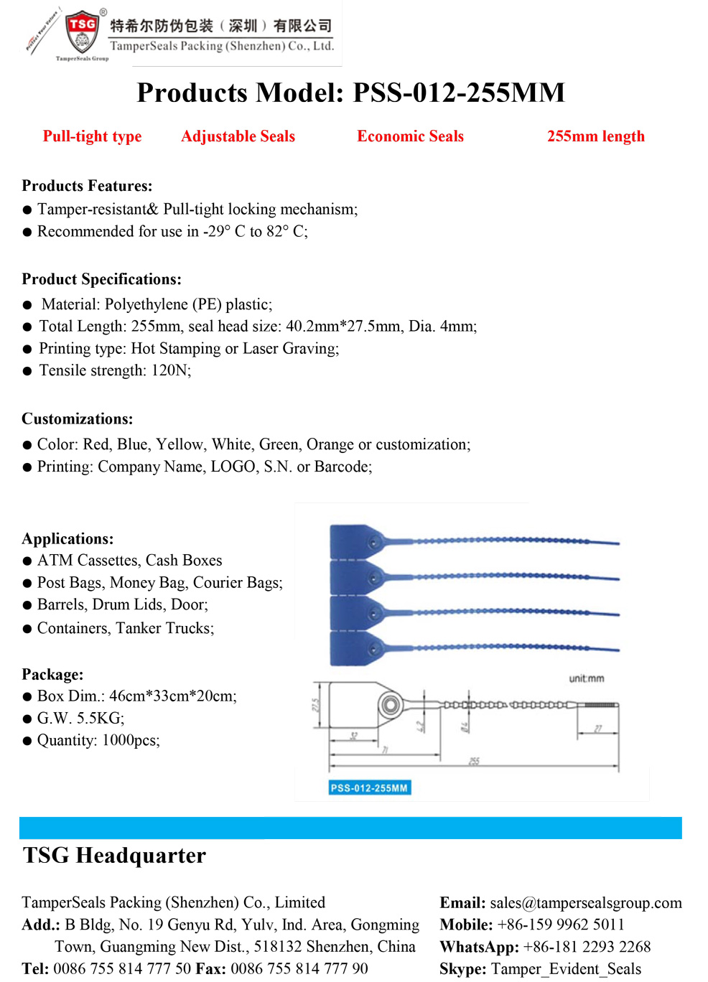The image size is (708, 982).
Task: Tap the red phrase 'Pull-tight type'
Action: (92, 136)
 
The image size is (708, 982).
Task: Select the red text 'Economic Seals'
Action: (410, 136)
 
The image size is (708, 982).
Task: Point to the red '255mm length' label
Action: (595, 136)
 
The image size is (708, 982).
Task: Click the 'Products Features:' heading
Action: (87, 186)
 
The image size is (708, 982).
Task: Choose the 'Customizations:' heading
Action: (77, 419)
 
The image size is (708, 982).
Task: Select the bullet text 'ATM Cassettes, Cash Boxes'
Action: (129, 560)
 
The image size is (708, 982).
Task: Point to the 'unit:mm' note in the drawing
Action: (586, 678)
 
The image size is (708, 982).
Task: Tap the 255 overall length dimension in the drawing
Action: (474, 761)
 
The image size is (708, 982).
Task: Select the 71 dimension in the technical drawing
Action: (385, 750)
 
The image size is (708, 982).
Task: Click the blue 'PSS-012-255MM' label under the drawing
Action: (369, 788)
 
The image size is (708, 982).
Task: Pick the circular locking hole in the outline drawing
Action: (390, 704)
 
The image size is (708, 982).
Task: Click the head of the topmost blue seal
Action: (352, 541)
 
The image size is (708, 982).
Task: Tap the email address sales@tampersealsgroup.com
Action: (586, 903)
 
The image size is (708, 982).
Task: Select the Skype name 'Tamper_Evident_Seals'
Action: (566, 969)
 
